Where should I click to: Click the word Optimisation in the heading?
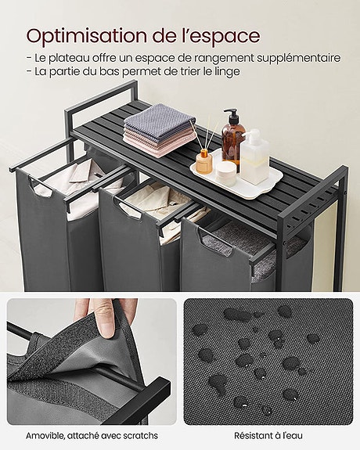(86, 35)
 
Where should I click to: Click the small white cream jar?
(226, 172)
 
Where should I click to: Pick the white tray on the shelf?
(236, 182)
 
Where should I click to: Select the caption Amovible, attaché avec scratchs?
(91, 435)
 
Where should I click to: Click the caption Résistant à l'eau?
(268, 435)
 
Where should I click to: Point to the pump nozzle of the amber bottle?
(229, 113)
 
